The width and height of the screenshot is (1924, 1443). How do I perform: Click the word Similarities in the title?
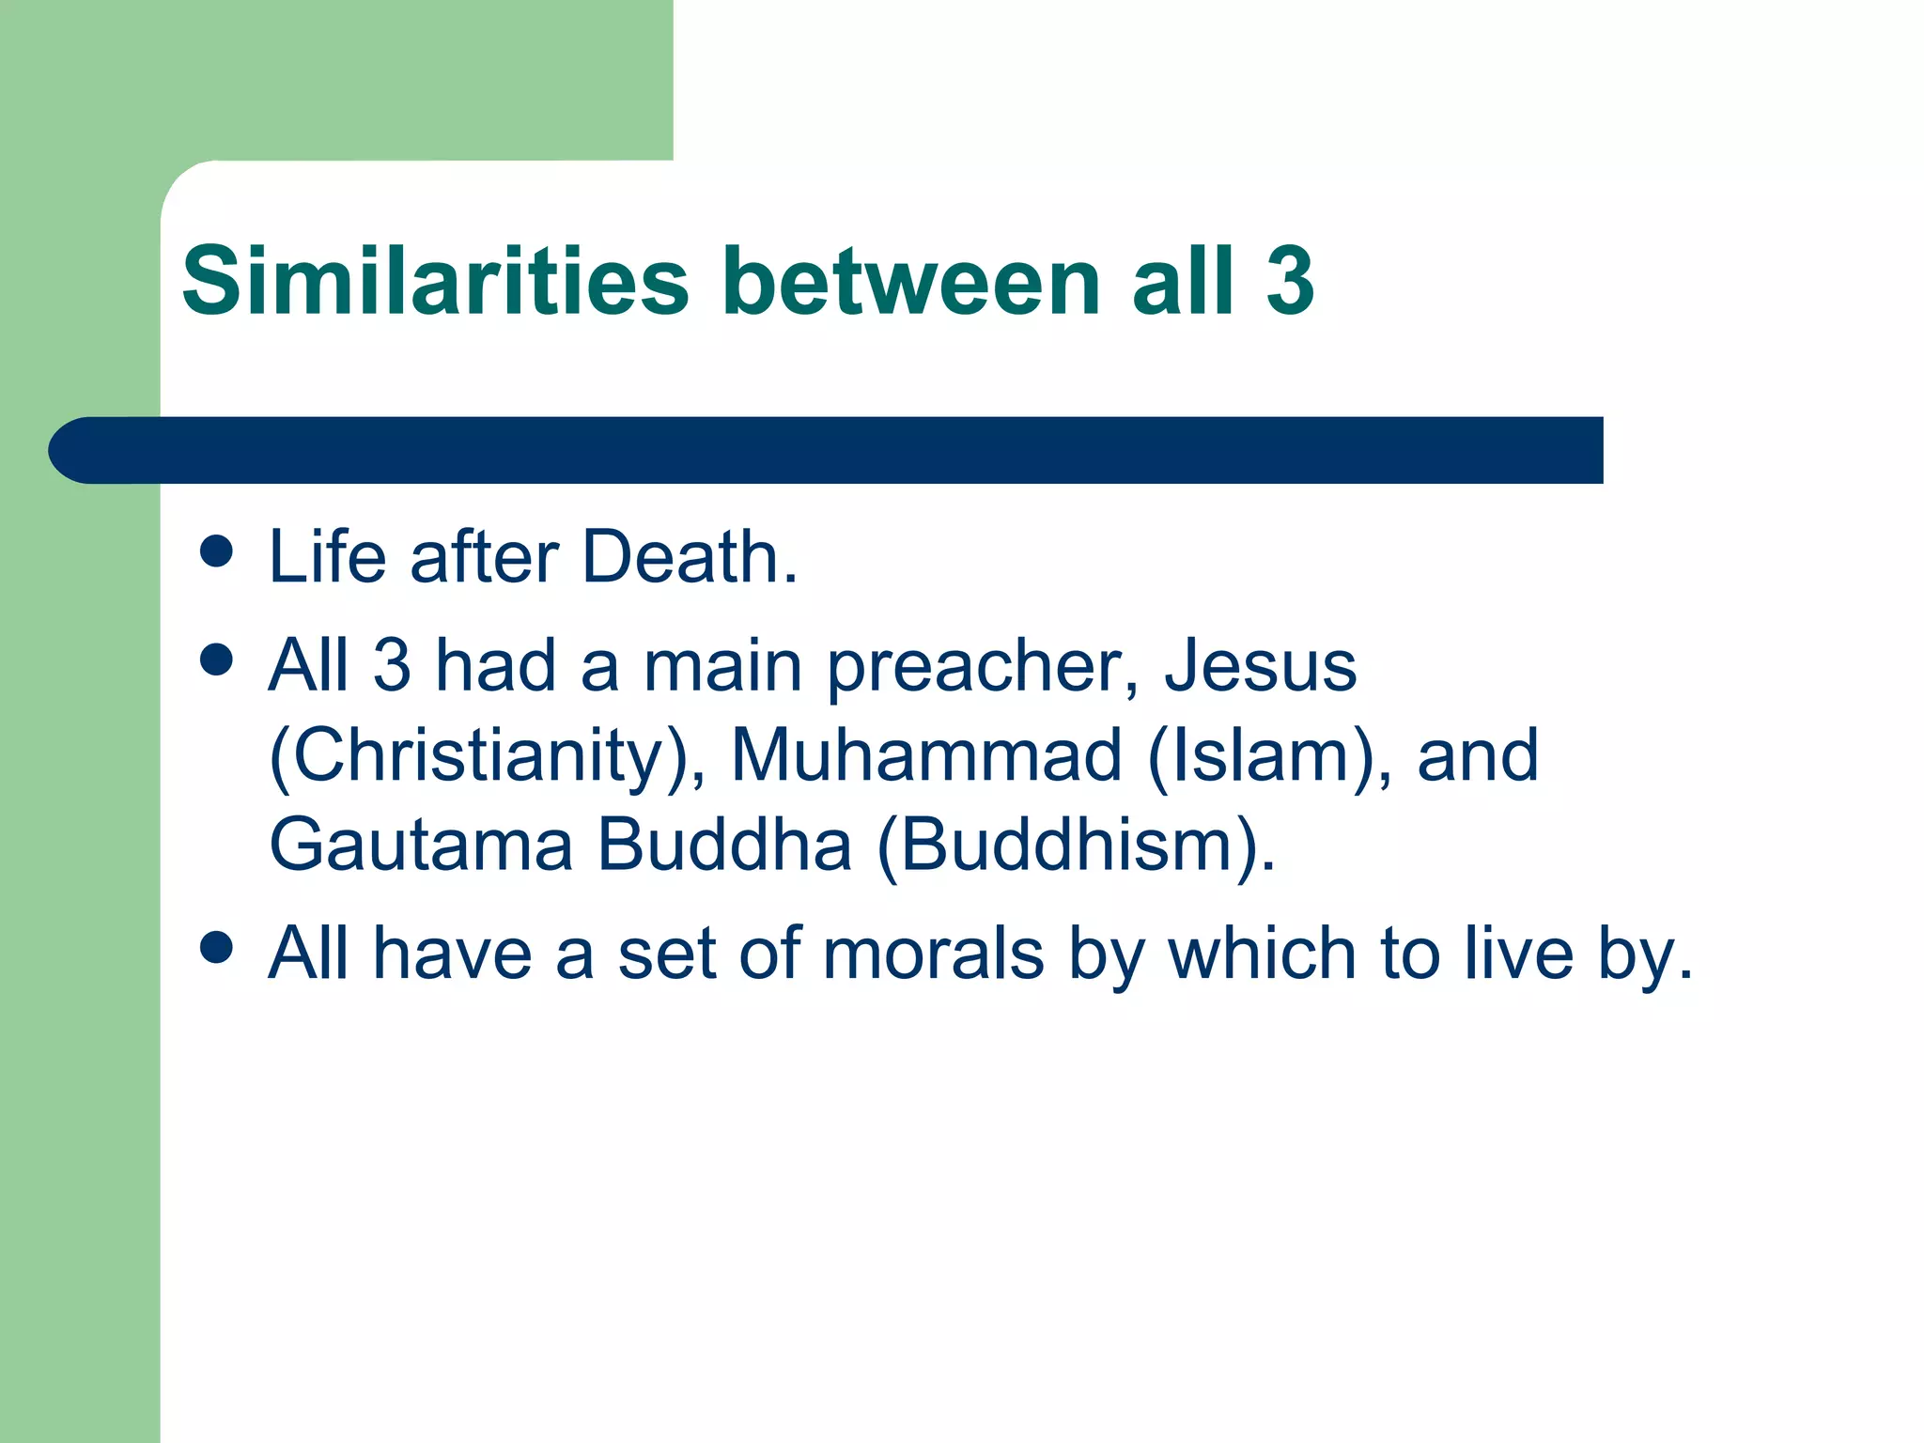tap(435, 281)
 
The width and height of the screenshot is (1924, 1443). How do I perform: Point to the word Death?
tap(690, 557)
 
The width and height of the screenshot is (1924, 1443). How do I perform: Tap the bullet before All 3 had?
tap(216, 659)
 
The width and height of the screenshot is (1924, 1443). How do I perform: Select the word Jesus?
tap(1260, 665)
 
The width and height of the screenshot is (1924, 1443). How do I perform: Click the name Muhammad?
tap(926, 755)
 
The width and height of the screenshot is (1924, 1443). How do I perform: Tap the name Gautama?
tap(421, 845)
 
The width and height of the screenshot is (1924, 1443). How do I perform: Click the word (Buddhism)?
tap(1076, 846)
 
